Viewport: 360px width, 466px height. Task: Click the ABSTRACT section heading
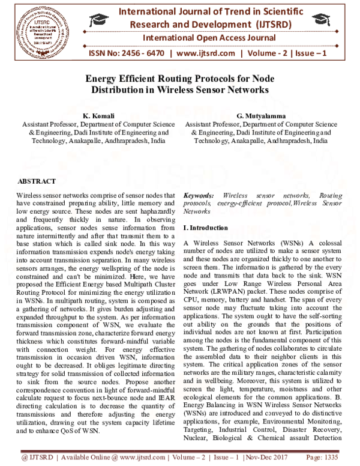[37, 181]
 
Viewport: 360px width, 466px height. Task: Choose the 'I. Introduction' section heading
[206, 228]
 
